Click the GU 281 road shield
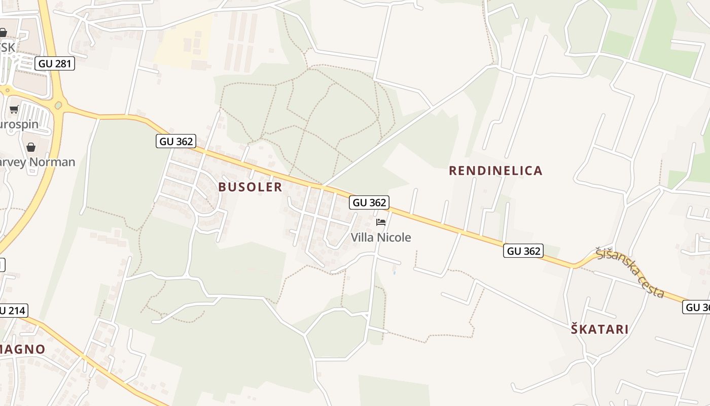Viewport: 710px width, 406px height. pyautogui.click(x=55, y=63)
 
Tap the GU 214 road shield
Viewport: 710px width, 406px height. pyautogui.click(x=12, y=311)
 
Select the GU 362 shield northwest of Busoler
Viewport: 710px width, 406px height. pyautogui.click(x=176, y=142)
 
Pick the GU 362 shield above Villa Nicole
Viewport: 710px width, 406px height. pyautogui.click(x=369, y=202)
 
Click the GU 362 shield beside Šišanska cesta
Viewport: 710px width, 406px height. pyautogui.click(x=523, y=251)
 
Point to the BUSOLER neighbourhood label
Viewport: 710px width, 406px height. pyautogui.click(x=250, y=187)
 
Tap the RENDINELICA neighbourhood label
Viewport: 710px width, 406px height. pyautogui.click(x=495, y=171)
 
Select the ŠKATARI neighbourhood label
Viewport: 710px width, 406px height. pyautogui.click(x=599, y=329)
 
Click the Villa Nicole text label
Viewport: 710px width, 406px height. pyautogui.click(x=381, y=237)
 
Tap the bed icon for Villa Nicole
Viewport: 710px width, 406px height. pyautogui.click(x=381, y=222)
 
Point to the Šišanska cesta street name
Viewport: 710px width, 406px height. pyautogui.click(x=630, y=272)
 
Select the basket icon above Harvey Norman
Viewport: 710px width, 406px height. pyautogui.click(x=31, y=147)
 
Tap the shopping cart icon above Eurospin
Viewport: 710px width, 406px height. pyautogui.click(x=14, y=109)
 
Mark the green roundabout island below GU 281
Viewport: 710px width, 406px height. pyautogui.click(x=58, y=106)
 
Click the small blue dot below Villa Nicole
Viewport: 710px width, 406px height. pyautogui.click(x=395, y=273)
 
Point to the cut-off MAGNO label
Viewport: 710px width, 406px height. pyautogui.click(x=22, y=349)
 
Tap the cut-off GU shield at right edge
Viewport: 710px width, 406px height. pyautogui.click(x=697, y=307)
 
